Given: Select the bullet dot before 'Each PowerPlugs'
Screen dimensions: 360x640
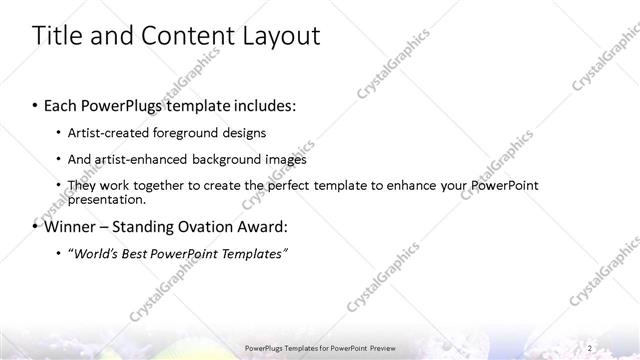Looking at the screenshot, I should coord(36,105).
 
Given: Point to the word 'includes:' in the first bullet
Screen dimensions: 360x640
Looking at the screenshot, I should coord(263,105).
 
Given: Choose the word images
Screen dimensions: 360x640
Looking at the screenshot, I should coord(286,159).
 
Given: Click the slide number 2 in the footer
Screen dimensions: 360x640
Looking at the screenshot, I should coord(590,347).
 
